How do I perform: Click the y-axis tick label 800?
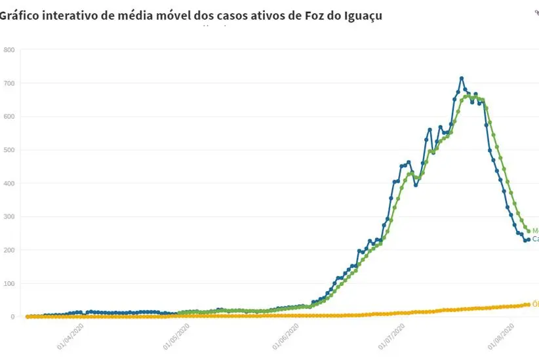coord(9,50)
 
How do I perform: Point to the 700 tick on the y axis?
coord(9,83)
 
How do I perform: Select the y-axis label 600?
coord(9,117)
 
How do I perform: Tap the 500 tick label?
coord(9,150)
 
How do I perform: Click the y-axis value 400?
coord(9,184)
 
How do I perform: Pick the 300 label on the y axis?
coord(9,217)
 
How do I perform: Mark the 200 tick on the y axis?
coord(9,250)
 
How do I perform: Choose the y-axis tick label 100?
coord(9,284)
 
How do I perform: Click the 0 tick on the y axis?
coord(12,317)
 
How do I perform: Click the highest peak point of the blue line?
coord(462,78)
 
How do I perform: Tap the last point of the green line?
coord(529,231)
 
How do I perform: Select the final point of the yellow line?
coord(529,304)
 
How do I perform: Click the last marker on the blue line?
coord(529,239)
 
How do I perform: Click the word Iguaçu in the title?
coord(359,15)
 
